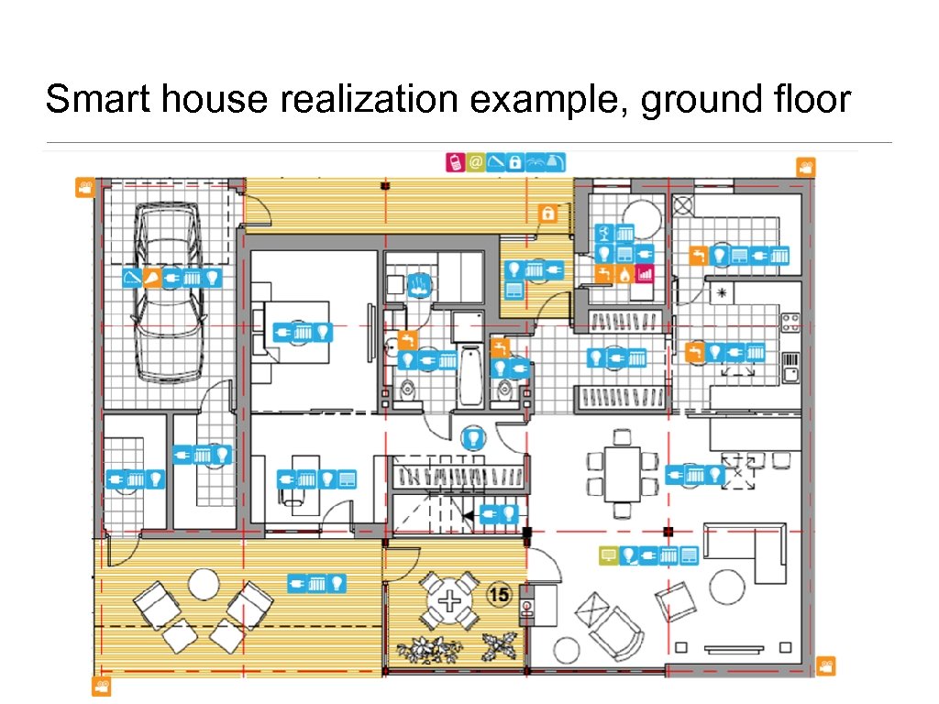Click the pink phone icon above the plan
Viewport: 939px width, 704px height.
pos(455,162)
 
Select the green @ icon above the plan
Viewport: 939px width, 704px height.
pos(476,162)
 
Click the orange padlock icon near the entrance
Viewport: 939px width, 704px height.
pos(547,213)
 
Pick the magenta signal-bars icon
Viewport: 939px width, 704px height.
pos(645,274)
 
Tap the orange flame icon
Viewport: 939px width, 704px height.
pos(624,274)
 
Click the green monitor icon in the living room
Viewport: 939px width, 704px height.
pos(609,555)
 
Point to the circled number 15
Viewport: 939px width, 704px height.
pos(499,594)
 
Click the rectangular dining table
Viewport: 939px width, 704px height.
pos(623,474)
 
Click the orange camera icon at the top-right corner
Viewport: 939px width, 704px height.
pos(806,168)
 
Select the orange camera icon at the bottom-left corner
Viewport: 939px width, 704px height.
pos(102,686)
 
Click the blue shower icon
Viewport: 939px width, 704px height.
pos(420,284)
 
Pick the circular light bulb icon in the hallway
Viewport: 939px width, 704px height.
pos(474,437)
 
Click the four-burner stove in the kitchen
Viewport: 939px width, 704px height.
pos(790,324)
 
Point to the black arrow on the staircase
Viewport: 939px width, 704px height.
pos(469,515)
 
